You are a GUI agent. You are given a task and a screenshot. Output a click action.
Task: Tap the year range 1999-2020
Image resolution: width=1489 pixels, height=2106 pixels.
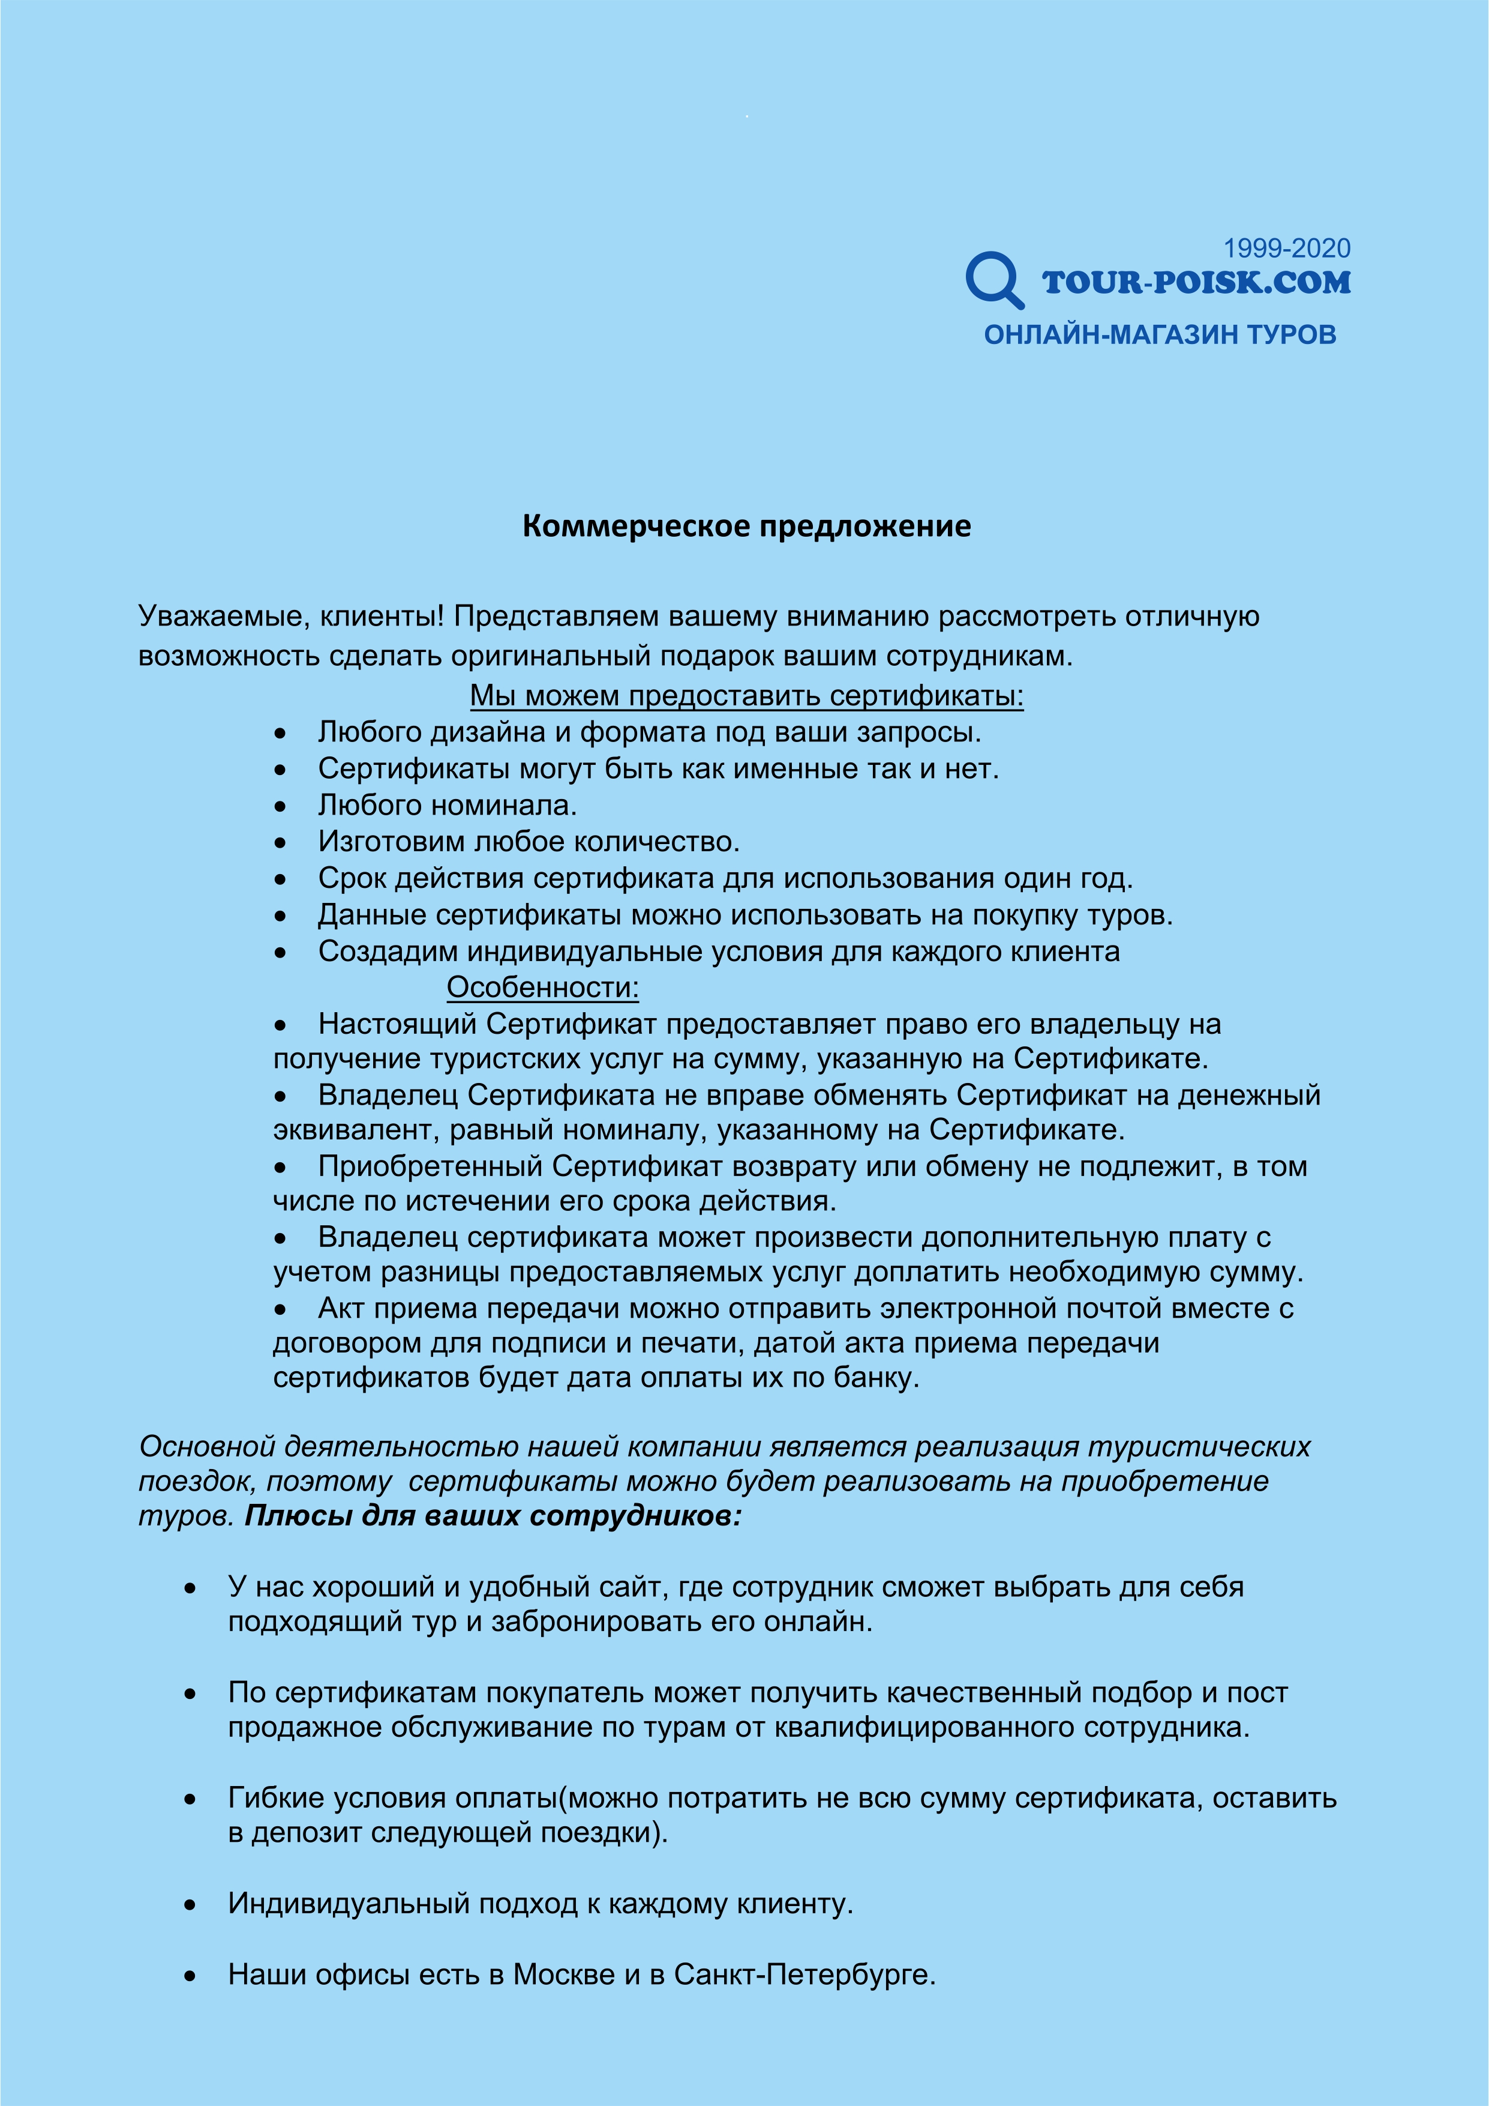pyautogui.click(x=1286, y=249)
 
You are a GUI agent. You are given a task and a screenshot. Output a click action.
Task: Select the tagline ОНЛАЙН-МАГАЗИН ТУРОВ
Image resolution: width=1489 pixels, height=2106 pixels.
pyautogui.click(x=1160, y=335)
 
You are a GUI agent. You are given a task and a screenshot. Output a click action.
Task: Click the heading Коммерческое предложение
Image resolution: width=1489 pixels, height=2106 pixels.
pyautogui.click(x=746, y=526)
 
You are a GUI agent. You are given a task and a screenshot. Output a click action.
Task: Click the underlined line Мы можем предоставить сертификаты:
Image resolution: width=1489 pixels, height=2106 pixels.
pyautogui.click(x=746, y=696)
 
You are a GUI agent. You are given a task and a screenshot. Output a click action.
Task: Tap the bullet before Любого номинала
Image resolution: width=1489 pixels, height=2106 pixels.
pyautogui.click(x=281, y=806)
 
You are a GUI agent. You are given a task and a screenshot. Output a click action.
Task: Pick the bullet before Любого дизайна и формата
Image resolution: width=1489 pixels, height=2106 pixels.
pyautogui.click(x=281, y=734)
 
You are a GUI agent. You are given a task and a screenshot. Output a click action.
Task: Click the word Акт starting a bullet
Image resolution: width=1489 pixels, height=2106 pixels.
pyautogui.click(x=342, y=1308)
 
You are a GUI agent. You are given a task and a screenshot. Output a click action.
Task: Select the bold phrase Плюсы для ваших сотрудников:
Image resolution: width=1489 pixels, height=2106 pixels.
pyautogui.click(x=493, y=1516)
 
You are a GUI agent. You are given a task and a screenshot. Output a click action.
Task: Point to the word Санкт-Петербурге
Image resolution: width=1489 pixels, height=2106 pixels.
pyautogui.click(x=804, y=1974)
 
